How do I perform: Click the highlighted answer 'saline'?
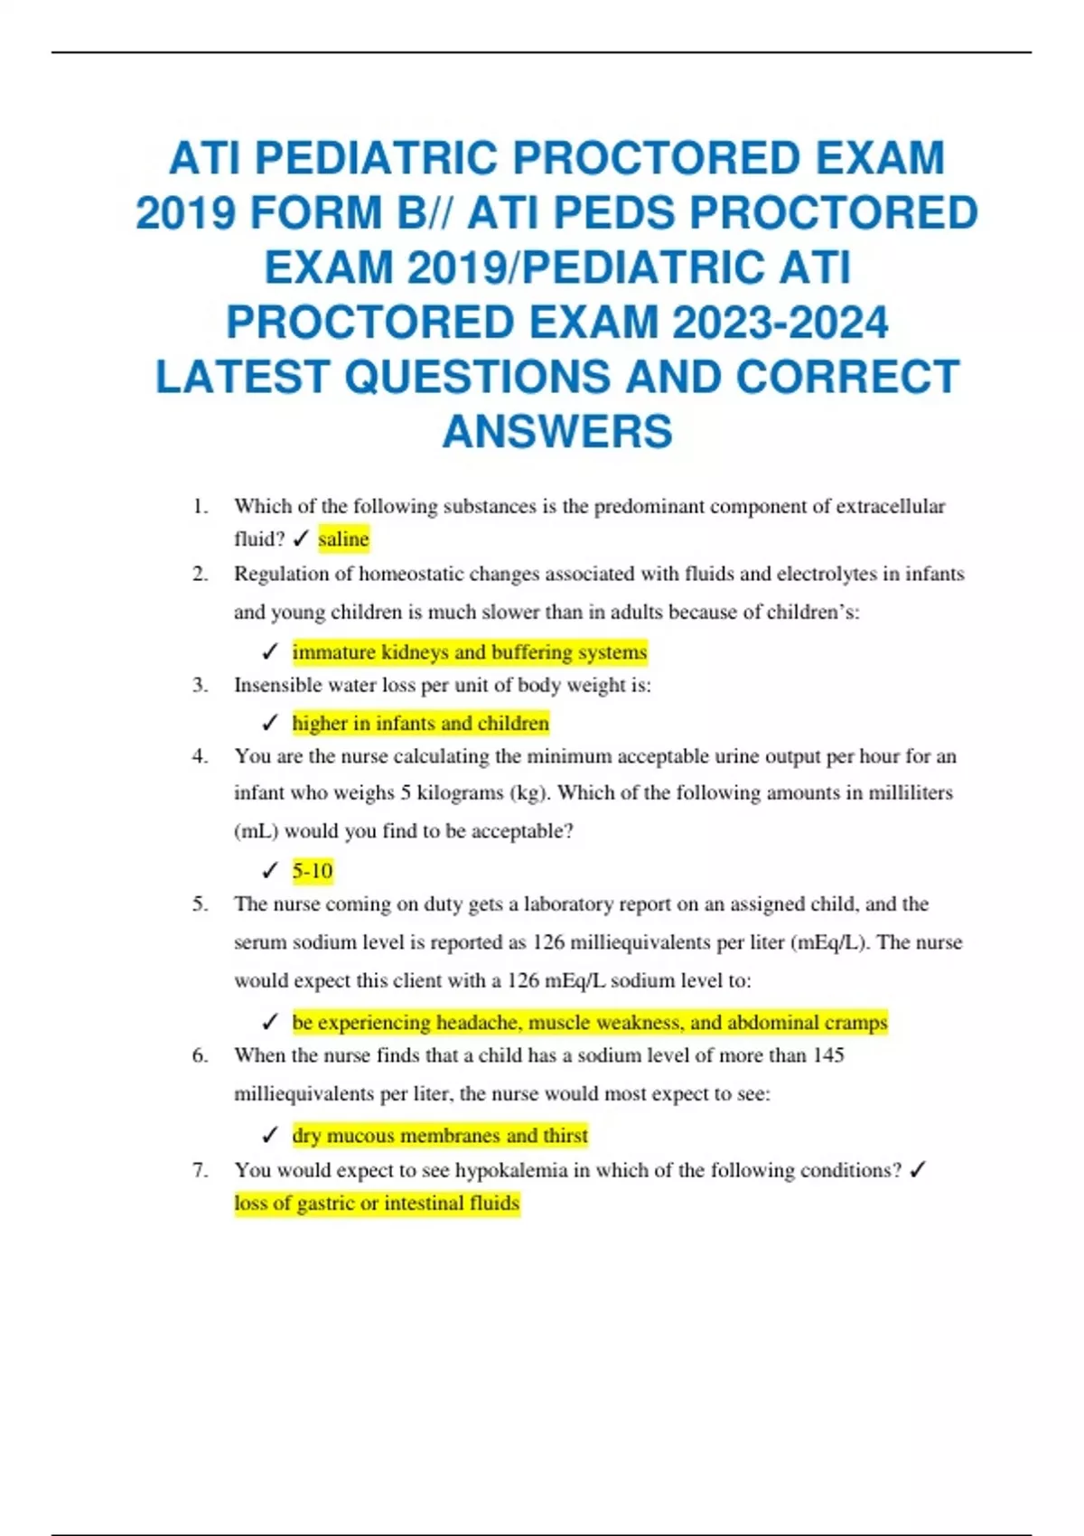(x=343, y=539)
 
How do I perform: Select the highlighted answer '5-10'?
(x=313, y=871)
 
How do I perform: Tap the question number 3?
(x=200, y=685)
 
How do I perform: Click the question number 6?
(x=200, y=1055)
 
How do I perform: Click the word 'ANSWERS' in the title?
(x=557, y=431)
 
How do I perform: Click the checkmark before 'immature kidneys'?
(x=269, y=651)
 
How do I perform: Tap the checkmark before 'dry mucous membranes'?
(x=269, y=1136)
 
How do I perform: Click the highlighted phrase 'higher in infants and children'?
(x=420, y=724)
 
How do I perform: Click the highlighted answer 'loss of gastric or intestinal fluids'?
(x=377, y=1204)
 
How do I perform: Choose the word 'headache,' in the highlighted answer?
(x=479, y=1023)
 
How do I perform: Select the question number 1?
(x=200, y=506)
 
